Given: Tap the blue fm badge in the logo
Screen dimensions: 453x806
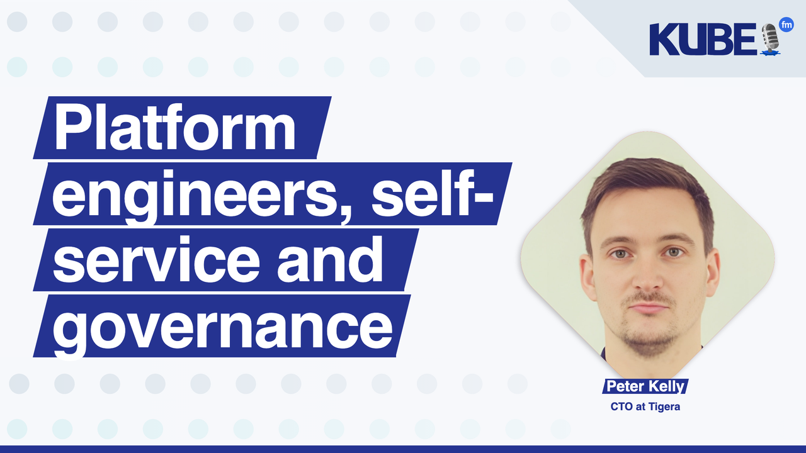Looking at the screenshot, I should click(x=786, y=25).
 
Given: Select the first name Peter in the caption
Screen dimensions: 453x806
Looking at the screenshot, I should click(x=625, y=386).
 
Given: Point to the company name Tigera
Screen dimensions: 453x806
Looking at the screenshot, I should click(x=663, y=406).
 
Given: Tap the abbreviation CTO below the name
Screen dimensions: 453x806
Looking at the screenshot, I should click(x=621, y=406).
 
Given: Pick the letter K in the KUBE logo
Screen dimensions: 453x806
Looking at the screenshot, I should click(x=662, y=40).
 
